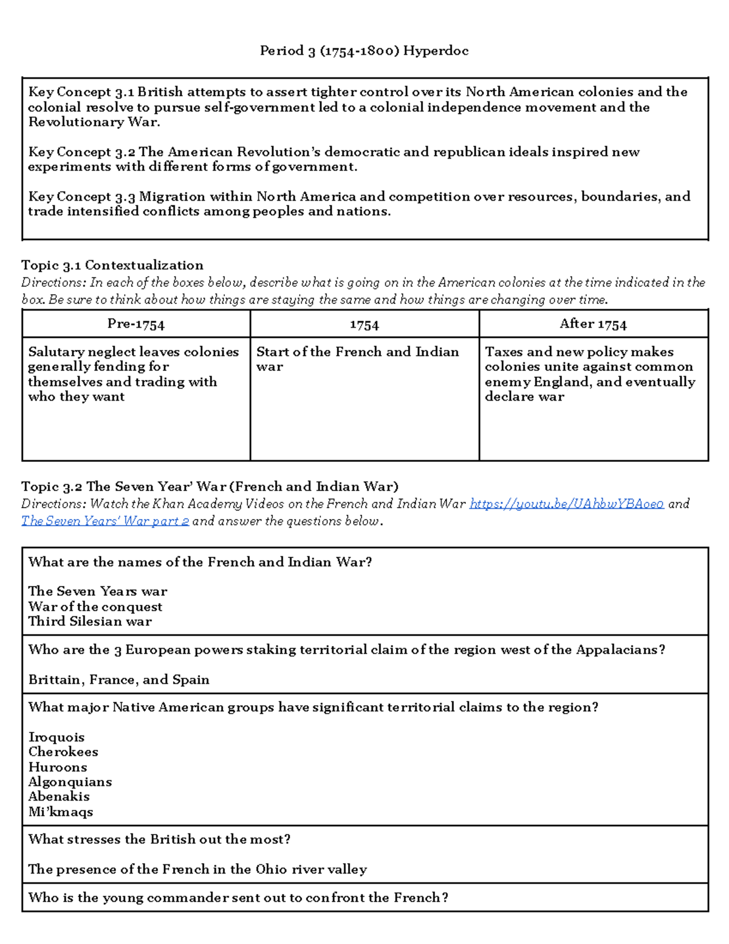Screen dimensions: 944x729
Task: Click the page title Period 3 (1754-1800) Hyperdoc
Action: click(364, 51)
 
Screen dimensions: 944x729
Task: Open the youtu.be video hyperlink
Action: click(566, 504)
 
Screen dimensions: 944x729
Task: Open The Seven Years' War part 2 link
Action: click(105, 522)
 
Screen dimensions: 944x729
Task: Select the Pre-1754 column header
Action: click(135, 324)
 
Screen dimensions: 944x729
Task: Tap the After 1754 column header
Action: click(593, 324)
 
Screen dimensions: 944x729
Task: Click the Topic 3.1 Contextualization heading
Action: click(112, 266)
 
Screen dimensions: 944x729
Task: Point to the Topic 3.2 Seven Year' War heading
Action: click(210, 487)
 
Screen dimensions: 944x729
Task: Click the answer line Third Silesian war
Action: click(90, 621)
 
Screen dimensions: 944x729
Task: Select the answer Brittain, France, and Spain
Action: click(118, 680)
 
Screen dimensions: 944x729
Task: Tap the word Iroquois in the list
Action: click(56, 737)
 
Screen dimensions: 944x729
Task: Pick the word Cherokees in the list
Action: click(63, 752)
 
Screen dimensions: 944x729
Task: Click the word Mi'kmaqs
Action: click(61, 811)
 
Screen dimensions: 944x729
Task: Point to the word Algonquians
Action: click(70, 782)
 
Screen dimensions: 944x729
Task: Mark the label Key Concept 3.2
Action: click(81, 152)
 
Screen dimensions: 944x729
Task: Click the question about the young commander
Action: click(238, 898)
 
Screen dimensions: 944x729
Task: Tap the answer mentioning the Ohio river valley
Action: click(197, 869)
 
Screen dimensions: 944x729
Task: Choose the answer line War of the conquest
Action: click(95, 607)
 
